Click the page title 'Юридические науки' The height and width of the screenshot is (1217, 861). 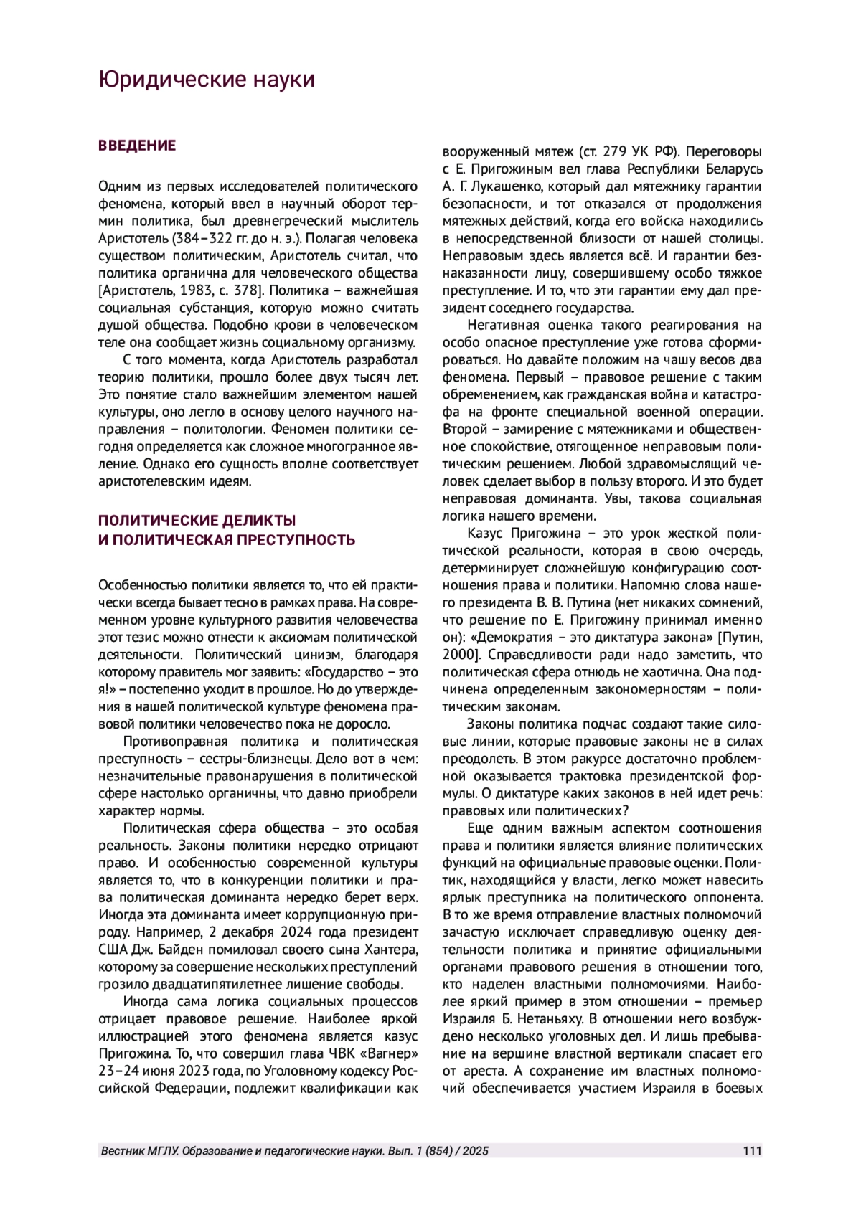pos(207,80)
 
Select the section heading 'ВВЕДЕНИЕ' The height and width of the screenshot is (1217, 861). pos(136,146)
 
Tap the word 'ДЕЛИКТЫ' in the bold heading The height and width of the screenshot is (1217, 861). pos(259,520)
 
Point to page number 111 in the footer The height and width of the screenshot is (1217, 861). pos(753,1152)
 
